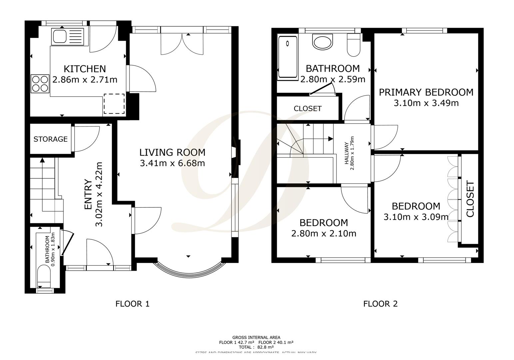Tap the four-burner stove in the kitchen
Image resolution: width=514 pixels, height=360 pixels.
[40, 84]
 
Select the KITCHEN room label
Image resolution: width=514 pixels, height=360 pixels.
[85, 69]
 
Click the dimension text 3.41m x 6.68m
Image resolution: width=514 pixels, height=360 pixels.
[172, 163]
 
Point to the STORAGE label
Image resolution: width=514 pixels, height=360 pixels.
[50, 139]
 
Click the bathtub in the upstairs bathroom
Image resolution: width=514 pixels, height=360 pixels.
[287, 57]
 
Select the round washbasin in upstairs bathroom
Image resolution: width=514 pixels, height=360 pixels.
[322, 42]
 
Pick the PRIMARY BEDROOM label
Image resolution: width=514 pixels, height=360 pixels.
[426, 92]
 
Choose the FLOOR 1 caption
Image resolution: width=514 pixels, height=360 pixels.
[132, 304]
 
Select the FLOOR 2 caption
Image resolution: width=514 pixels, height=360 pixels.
[380, 304]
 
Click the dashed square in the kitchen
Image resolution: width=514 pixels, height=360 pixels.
[114, 104]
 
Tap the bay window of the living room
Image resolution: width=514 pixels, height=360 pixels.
[188, 269]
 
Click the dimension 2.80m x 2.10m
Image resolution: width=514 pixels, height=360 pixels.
[323, 234]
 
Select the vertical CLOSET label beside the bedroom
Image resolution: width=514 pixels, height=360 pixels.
[470, 199]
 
